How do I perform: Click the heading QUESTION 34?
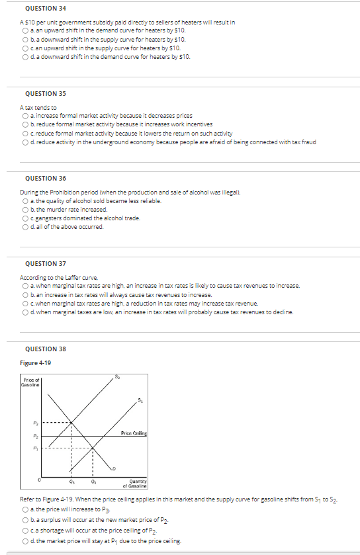point(45,9)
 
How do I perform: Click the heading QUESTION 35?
point(45,94)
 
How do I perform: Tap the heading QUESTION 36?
point(45,178)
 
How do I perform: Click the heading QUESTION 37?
point(45,263)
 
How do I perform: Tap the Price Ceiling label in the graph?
point(135,433)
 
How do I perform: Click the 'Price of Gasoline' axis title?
point(31,382)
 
